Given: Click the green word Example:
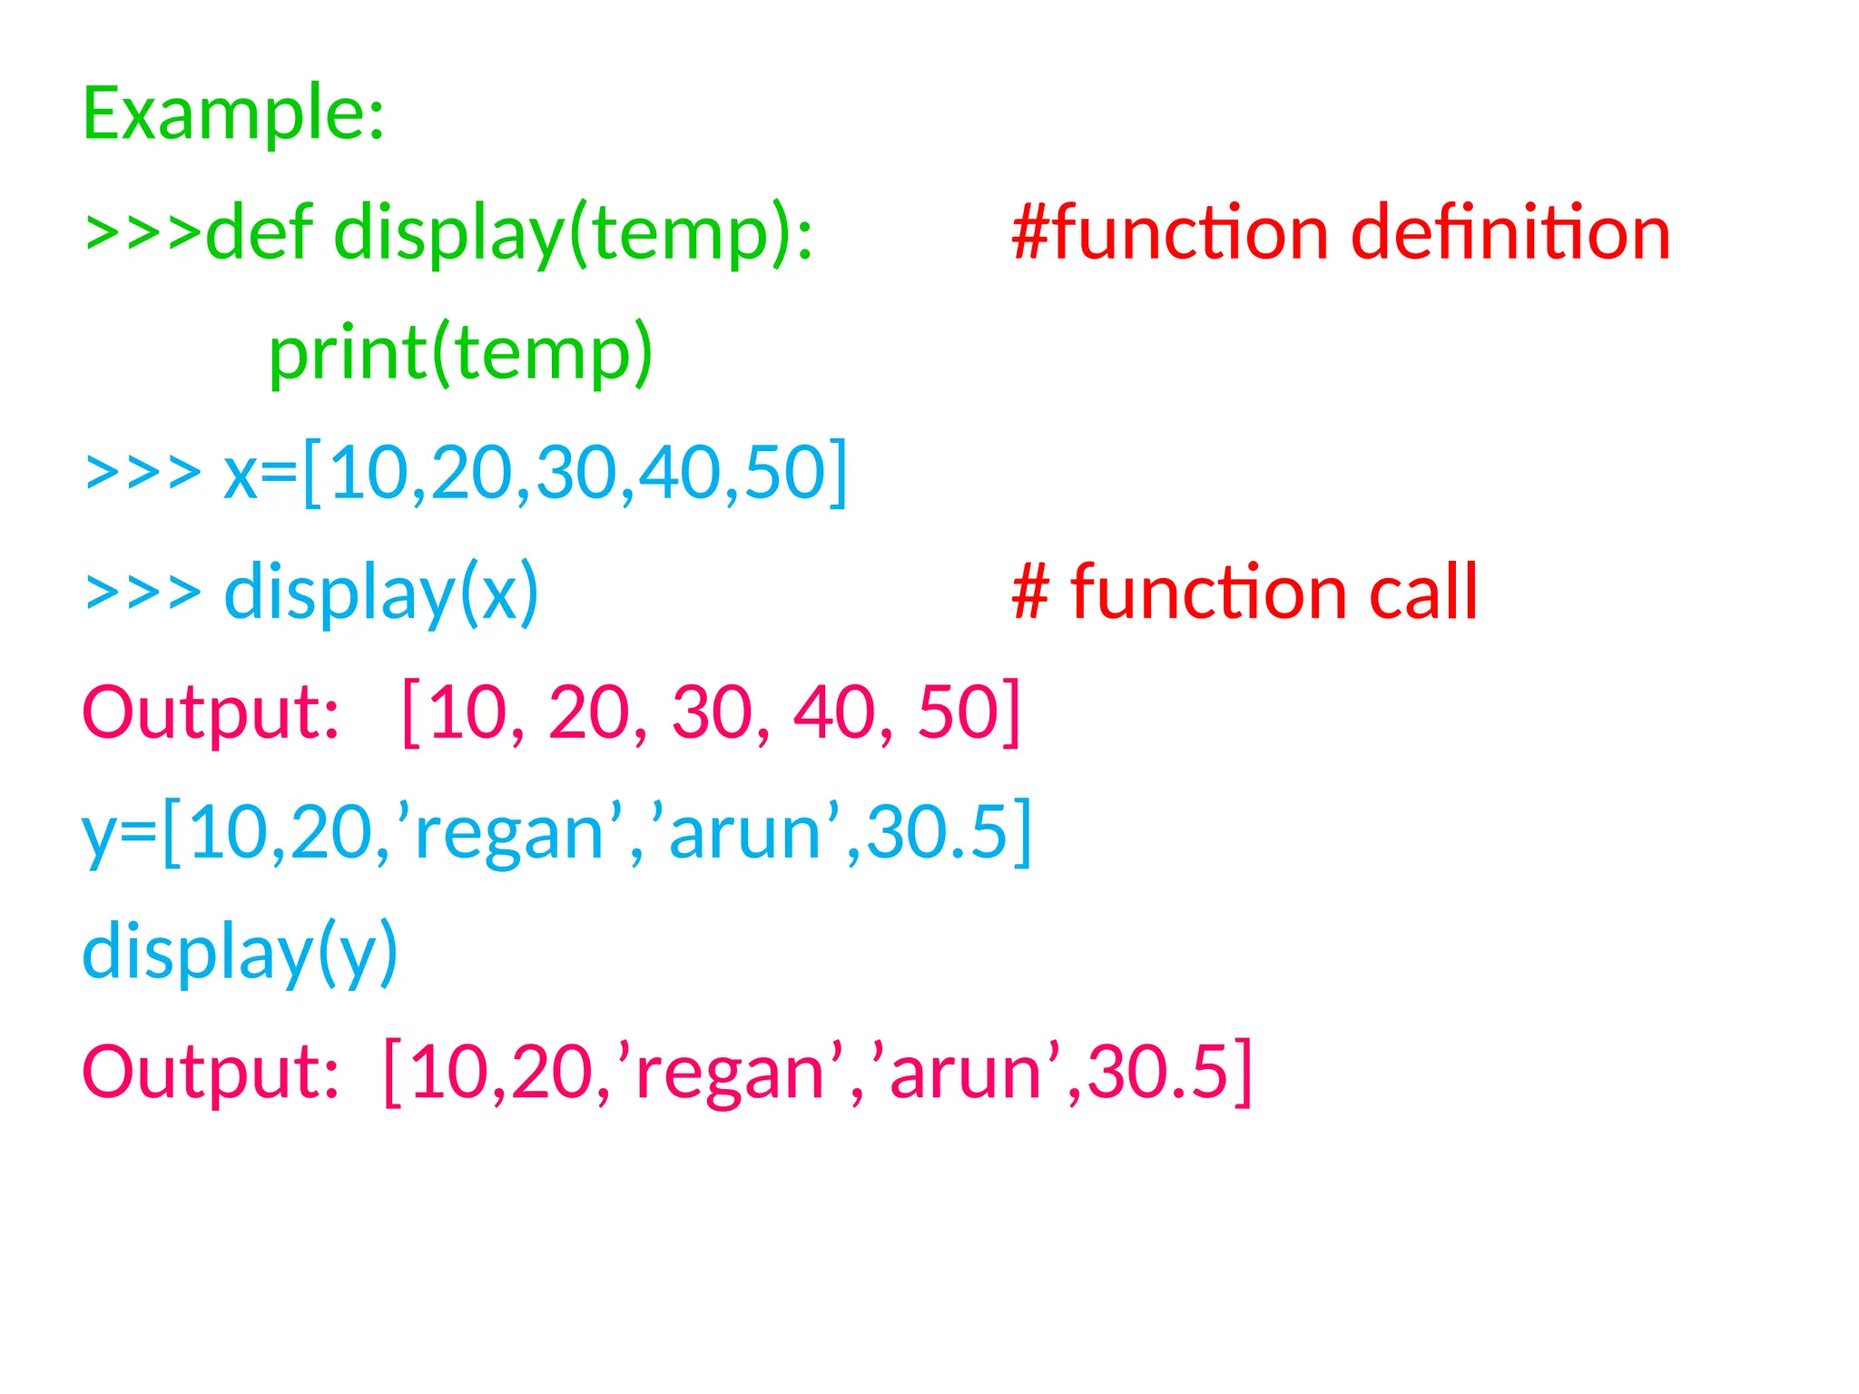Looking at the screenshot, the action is pos(233,113).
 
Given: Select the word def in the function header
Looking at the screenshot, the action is pos(260,233).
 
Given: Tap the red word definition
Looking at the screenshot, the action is pos(1510,233).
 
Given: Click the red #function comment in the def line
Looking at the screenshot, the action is pos(1171,233).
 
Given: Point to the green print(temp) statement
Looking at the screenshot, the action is pos(461,353).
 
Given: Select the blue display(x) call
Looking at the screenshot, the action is pos(381,594).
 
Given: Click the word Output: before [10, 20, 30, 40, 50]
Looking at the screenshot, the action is pos(211,712).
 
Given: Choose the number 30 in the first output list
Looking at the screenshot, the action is pos(713,712).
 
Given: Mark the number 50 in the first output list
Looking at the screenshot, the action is pos(959,712).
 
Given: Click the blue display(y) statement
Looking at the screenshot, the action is pos(240,952).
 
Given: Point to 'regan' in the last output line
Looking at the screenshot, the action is pos(730,1072).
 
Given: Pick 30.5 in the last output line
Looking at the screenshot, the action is pos(1157,1072).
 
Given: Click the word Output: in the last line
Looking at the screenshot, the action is pos(211,1072).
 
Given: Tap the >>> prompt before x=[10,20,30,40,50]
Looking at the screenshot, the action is pos(143,473).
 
